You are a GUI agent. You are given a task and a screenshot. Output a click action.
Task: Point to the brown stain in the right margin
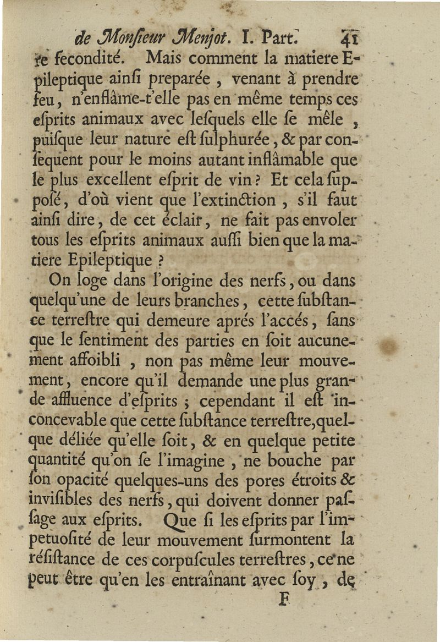tap(389, 346)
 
